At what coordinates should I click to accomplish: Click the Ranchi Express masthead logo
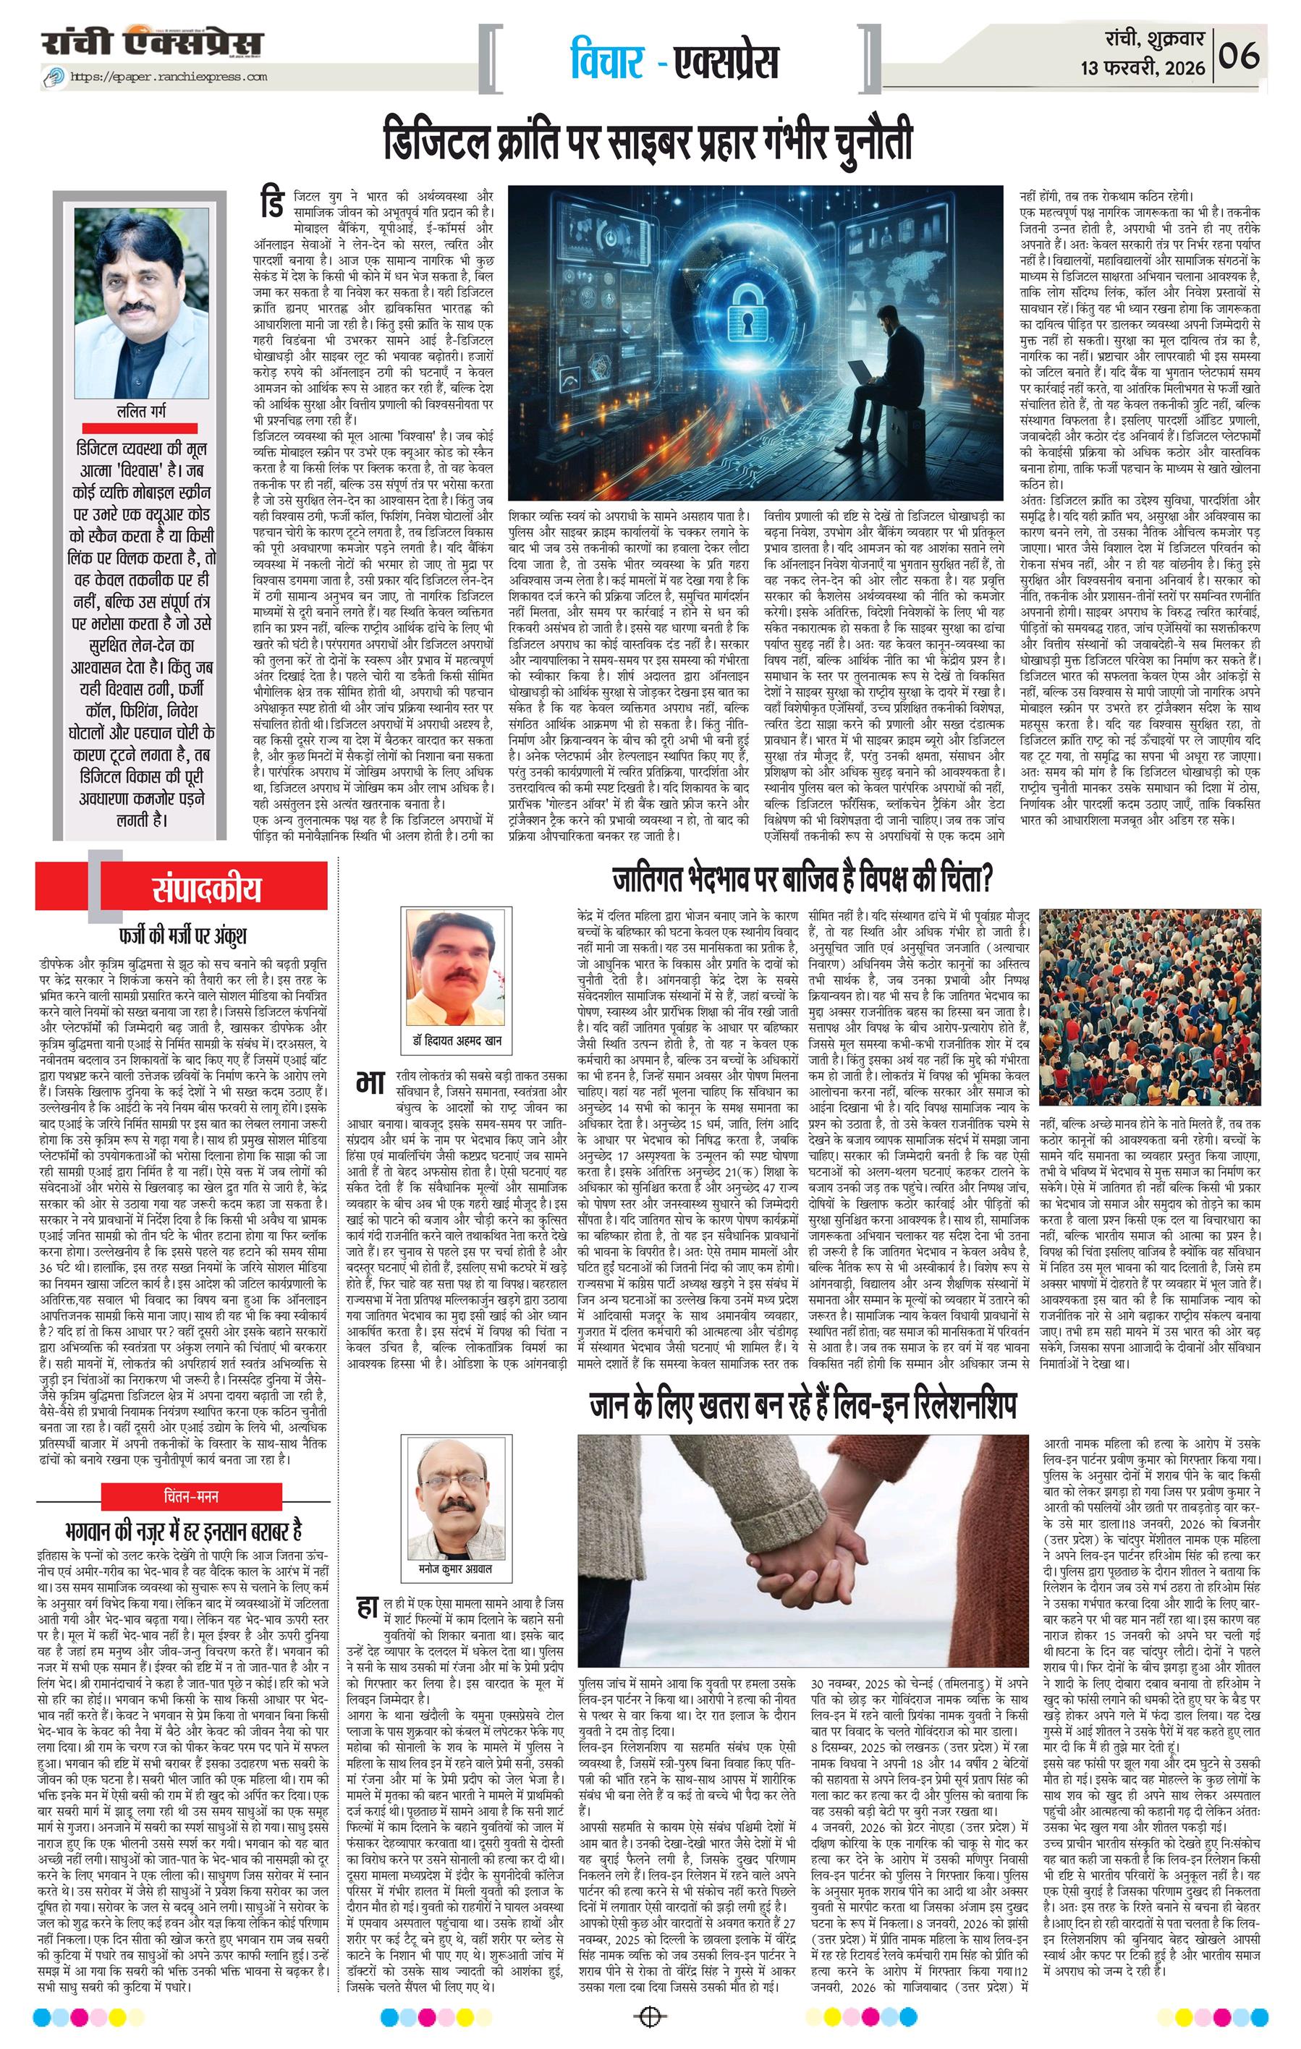pyautogui.click(x=153, y=43)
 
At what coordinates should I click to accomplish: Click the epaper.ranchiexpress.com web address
pyautogui.click(x=168, y=77)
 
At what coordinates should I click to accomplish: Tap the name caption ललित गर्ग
pyautogui.click(x=141, y=412)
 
